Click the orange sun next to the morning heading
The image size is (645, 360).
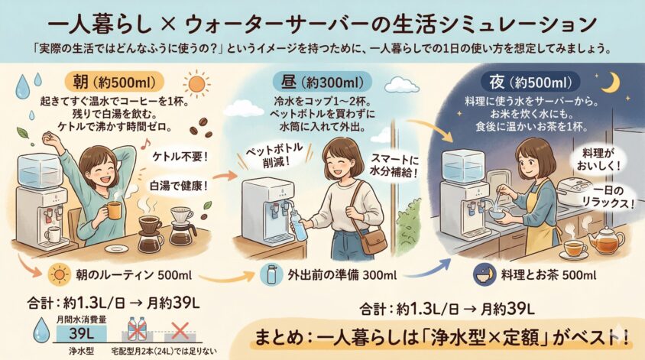(196, 84)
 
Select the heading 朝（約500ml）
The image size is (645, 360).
(115, 83)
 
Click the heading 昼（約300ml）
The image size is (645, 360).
(322, 83)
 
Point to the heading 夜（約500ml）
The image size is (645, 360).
(530, 83)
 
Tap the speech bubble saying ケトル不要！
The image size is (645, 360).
(180, 157)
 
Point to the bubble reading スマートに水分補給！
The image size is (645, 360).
(394, 165)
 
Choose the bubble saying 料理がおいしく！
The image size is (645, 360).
(598, 160)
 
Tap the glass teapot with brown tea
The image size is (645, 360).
(605, 240)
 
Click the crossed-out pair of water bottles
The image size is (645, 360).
(137, 329)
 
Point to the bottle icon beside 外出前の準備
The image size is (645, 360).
(271, 274)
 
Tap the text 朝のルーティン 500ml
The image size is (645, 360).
(134, 275)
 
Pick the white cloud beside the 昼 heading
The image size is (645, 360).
(402, 85)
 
